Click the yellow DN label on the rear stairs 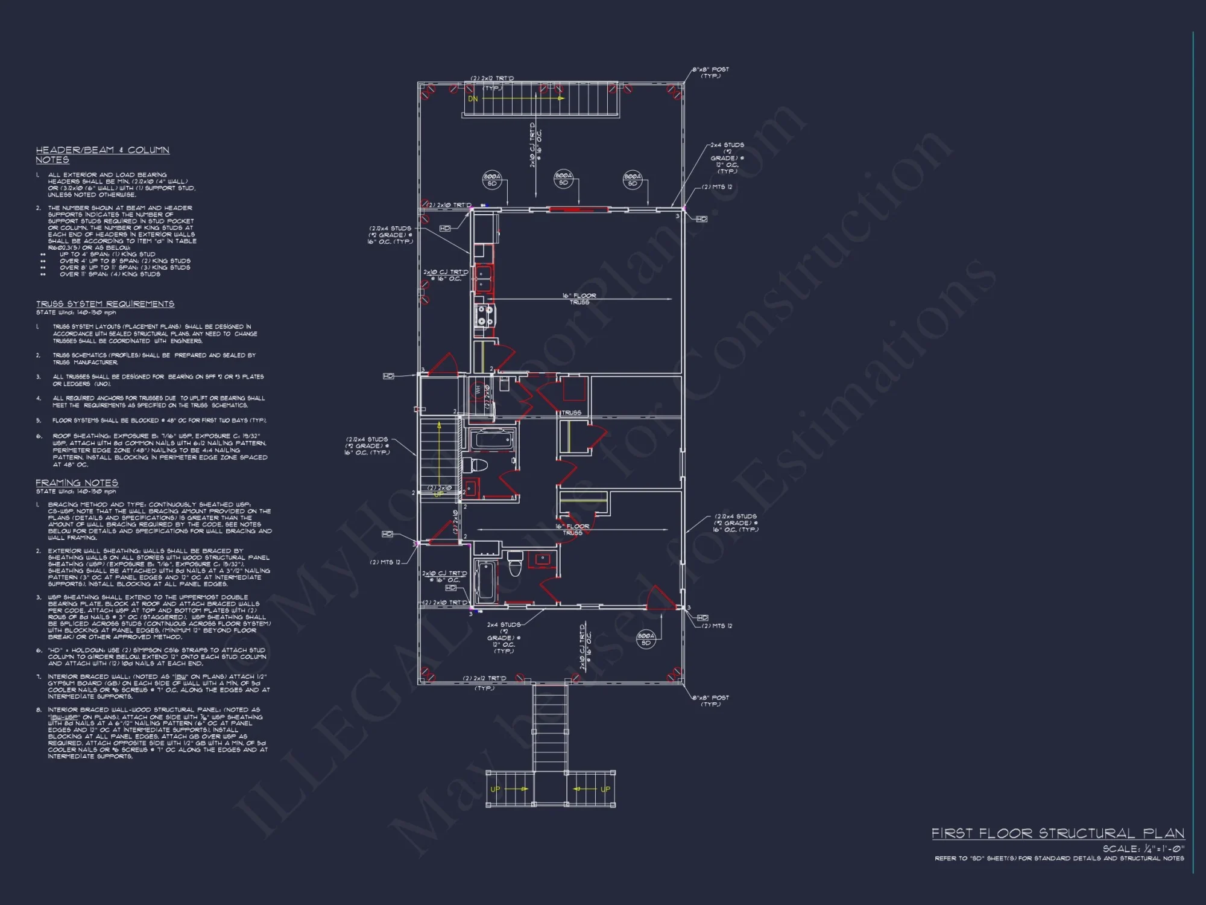click(473, 99)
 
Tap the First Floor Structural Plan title click(1058, 833)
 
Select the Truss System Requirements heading click(105, 303)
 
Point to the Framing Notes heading click(77, 483)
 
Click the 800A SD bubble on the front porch click(645, 639)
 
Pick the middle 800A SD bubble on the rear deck click(563, 179)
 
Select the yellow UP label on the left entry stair click(495, 789)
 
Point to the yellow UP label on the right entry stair click(605, 789)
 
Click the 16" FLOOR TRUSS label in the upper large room click(579, 299)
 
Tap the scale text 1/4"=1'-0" click(1143, 848)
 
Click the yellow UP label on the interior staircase click(438, 494)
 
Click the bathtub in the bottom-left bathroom click(484, 581)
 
